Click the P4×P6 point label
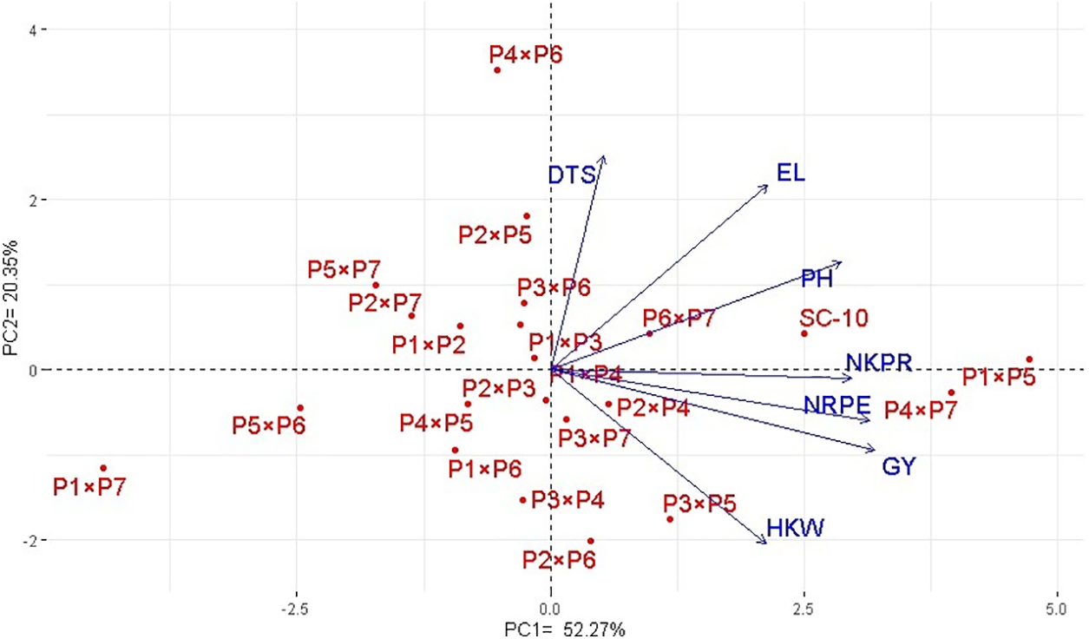pyautogui.click(x=526, y=56)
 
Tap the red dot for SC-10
pyautogui.click(x=804, y=333)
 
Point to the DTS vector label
pyautogui.click(x=572, y=175)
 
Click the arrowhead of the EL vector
pyautogui.click(x=769, y=184)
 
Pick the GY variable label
pyautogui.click(x=899, y=467)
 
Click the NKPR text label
pyautogui.click(x=879, y=362)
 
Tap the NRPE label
pyautogui.click(x=836, y=405)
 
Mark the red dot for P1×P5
pyautogui.click(x=1029, y=359)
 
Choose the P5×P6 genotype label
pyautogui.click(x=269, y=426)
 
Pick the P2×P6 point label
pyautogui.click(x=559, y=560)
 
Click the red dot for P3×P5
pyautogui.click(x=670, y=519)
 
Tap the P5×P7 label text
pyautogui.click(x=344, y=270)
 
